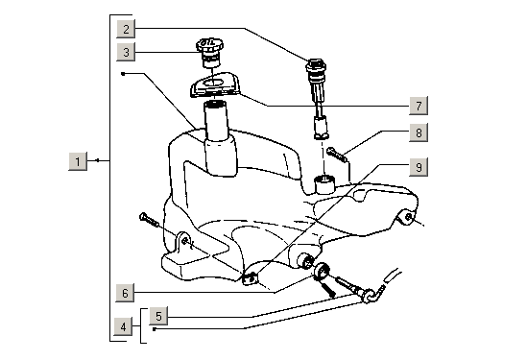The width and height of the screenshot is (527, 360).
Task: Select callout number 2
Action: (128, 29)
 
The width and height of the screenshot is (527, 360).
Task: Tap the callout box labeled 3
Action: (128, 52)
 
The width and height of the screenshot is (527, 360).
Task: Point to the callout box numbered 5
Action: (159, 314)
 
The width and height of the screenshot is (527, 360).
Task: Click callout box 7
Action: (417, 104)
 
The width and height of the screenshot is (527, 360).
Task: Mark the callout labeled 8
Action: (417, 132)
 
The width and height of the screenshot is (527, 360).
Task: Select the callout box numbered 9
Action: (417, 166)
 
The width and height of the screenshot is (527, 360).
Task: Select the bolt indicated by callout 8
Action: (335, 152)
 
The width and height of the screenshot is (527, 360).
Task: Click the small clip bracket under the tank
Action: (252, 279)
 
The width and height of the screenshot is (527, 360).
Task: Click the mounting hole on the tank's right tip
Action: (409, 218)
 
